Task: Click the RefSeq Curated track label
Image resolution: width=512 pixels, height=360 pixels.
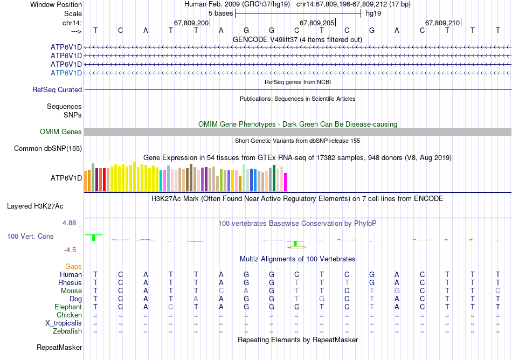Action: (x=57, y=90)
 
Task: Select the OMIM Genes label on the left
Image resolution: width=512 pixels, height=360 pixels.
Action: (x=61, y=132)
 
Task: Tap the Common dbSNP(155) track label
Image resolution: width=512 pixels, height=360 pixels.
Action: (x=48, y=149)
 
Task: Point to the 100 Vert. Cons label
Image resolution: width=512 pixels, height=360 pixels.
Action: (x=31, y=237)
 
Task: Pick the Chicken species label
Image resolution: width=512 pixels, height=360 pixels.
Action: (x=69, y=315)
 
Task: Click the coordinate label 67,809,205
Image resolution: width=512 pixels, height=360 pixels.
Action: (x=317, y=23)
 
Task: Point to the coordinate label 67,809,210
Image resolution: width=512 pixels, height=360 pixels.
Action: (x=442, y=23)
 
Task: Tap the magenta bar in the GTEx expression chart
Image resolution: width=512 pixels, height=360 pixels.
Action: (x=286, y=182)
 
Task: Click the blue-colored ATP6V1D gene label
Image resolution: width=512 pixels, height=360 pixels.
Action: (x=66, y=73)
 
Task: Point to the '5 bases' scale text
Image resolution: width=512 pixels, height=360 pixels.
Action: (x=221, y=13)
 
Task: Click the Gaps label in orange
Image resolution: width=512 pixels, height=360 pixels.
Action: (x=73, y=267)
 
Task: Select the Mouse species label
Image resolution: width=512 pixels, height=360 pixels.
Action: (x=71, y=291)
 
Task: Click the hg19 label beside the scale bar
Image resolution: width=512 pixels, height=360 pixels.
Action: (x=373, y=13)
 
